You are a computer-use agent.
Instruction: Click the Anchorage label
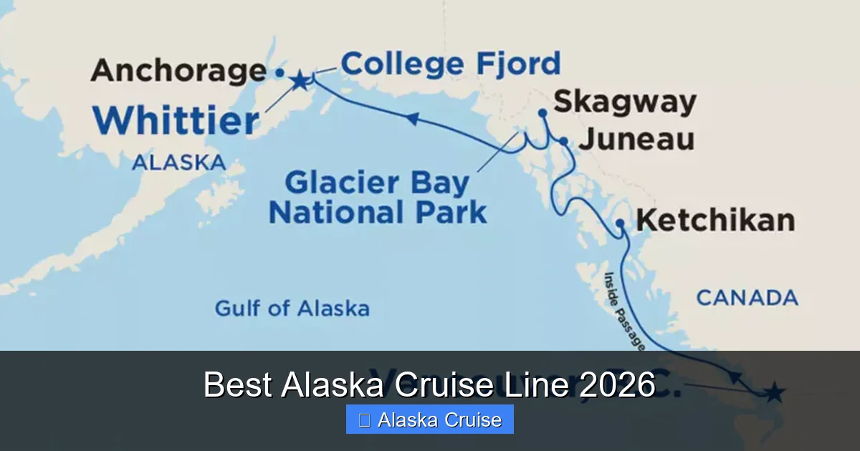pyautogui.click(x=178, y=71)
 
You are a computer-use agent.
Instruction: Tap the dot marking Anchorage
pyautogui.click(x=279, y=72)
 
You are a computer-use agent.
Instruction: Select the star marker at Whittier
pyautogui.click(x=300, y=81)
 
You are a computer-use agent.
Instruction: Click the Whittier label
pyautogui.click(x=176, y=121)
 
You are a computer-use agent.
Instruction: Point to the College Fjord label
pyautogui.click(x=450, y=64)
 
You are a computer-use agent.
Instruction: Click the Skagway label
pyautogui.click(x=624, y=102)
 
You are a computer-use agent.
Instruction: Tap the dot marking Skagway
pyautogui.click(x=543, y=112)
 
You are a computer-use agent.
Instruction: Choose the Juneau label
pyautogui.click(x=636, y=140)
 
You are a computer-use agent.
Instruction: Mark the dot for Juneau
pyautogui.click(x=564, y=142)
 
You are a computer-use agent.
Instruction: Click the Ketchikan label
pyautogui.click(x=715, y=220)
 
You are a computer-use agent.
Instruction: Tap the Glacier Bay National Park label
pyautogui.click(x=378, y=198)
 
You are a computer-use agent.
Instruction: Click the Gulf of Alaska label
pyautogui.click(x=292, y=309)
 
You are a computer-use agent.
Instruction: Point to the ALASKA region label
pyautogui.click(x=178, y=163)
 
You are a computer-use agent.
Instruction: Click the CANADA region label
pyautogui.click(x=747, y=298)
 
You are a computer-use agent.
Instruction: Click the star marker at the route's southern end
pyautogui.click(x=774, y=392)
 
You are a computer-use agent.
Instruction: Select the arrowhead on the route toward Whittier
pyautogui.click(x=413, y=118)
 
